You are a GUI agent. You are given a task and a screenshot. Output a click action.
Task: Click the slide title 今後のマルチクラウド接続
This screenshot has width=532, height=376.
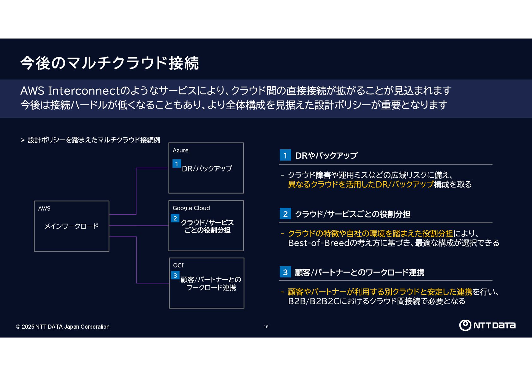coord(109,63)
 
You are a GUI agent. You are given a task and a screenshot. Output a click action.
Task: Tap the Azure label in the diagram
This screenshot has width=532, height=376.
coord(180,150)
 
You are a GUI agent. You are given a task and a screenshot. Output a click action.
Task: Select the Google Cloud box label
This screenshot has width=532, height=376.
coord(191,208)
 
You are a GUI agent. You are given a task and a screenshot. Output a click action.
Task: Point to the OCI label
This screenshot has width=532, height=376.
coord(178,265)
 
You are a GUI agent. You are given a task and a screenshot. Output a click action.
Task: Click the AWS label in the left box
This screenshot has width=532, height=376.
coord(44,208)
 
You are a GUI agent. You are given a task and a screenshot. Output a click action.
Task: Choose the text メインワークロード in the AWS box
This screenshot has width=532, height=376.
coord(71,226)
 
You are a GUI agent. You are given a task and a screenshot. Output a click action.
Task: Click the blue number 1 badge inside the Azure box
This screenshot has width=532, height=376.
coord(177,164)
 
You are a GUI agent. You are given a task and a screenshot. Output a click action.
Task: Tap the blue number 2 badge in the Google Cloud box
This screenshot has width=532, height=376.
coord(175,218)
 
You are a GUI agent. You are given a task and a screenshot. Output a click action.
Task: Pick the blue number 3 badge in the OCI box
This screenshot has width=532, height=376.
coord(175,275)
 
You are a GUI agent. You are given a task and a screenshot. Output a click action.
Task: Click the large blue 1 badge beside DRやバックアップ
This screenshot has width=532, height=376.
coord(285,155)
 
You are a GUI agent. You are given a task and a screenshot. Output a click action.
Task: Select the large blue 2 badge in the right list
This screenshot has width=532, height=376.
coord(285,214)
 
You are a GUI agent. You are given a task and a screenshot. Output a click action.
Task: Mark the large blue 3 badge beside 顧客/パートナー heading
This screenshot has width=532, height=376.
coord(285,272)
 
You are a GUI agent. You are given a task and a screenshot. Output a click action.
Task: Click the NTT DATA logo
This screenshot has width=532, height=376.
coord(487,325)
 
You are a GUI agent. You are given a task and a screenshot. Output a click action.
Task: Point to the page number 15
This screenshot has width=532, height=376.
coord(266,327)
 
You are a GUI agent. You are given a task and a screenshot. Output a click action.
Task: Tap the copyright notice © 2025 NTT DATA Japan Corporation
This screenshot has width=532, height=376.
coord(63,327)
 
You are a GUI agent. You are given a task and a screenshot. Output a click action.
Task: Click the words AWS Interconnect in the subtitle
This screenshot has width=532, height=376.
coord(70,91)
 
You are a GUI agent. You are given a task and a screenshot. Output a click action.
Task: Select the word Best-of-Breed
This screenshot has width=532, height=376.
coord(319,243)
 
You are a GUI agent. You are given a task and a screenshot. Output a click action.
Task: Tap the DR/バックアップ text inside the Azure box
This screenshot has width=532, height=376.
coord(207,169)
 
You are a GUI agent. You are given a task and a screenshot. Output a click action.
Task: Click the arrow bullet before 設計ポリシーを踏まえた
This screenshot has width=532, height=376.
coord(23,140)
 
